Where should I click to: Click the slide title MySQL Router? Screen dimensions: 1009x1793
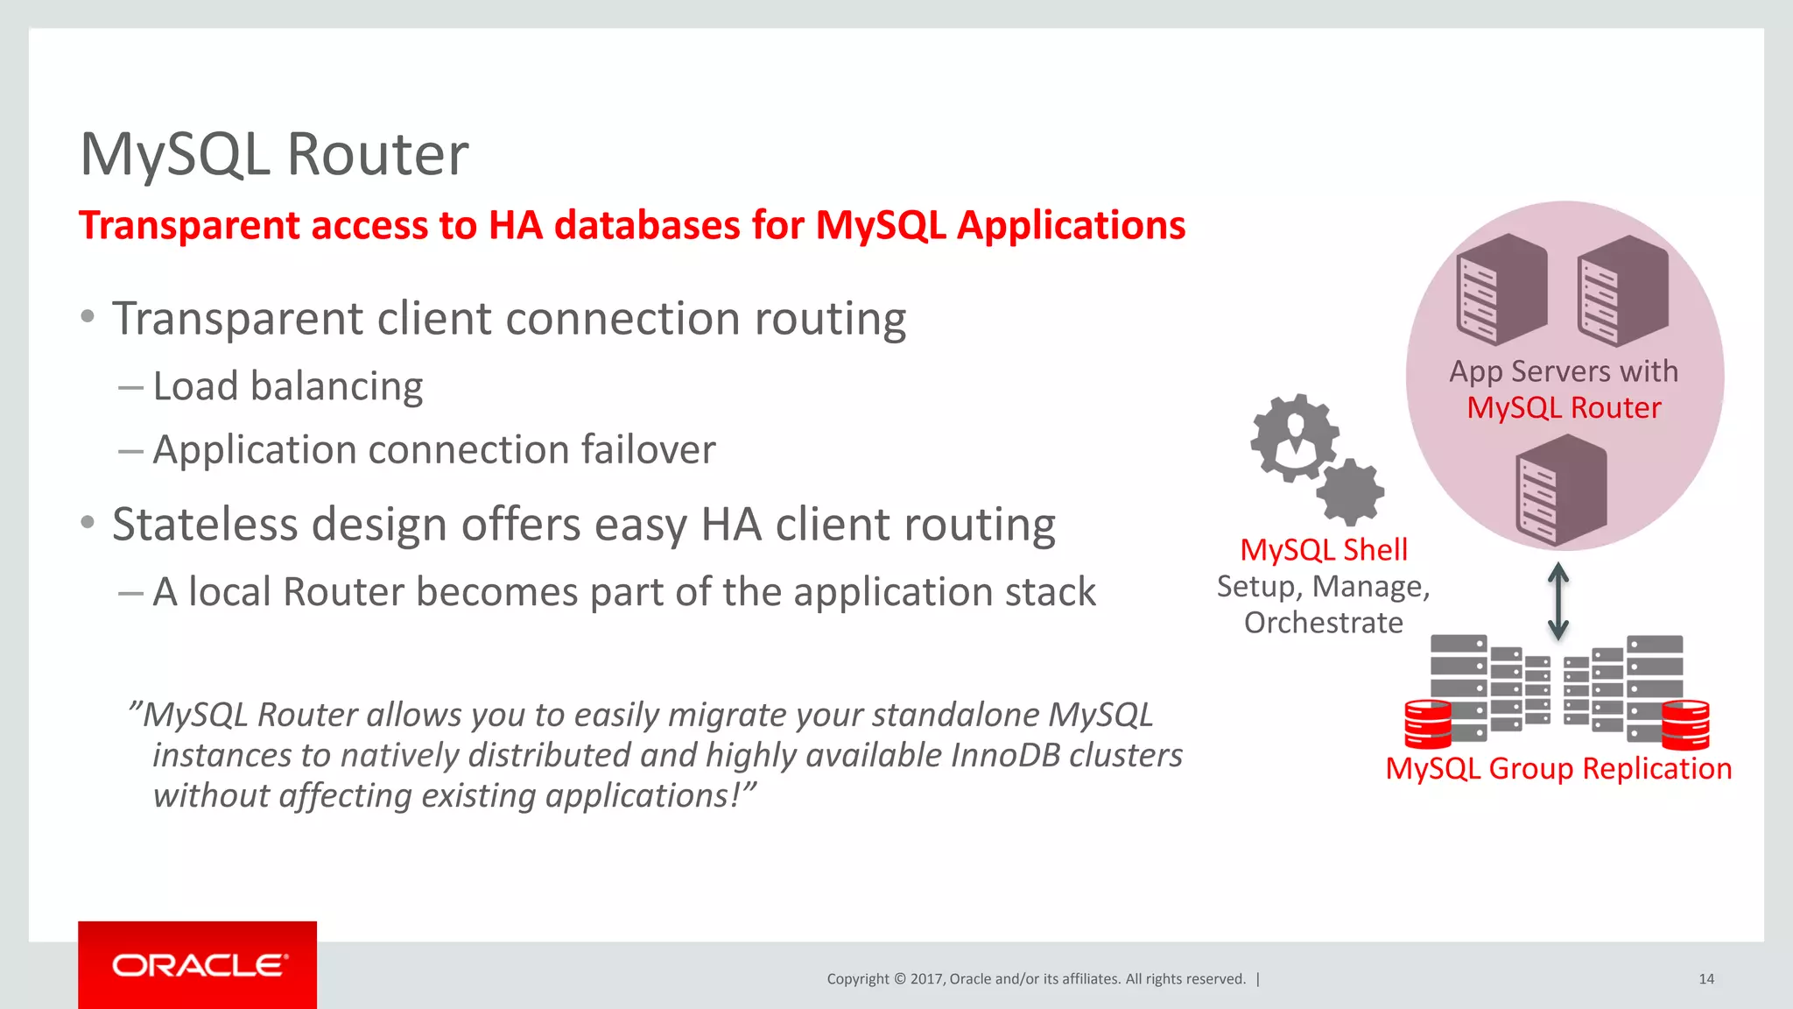pyautogui.click(x=274, y=155)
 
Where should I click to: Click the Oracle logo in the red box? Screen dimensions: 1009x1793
pyautogui.click(x=198, y=965)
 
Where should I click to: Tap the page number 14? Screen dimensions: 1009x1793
pyautogui.click(x=1705, y=979)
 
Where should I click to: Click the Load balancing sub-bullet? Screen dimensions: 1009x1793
pyautogui.click(x=287, y=386)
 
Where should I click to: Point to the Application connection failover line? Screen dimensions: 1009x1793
pyautogui.click(x=433, y=450)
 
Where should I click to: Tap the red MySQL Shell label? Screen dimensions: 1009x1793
pyautogui.click(x=1324, y=550)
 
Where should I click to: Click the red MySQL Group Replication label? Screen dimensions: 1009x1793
pyautogui.click(x=1558, y=768)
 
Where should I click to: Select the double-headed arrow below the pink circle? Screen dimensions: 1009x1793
pyautogui.click(x=1557, y=601)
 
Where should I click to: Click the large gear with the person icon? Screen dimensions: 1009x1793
pyautogui.click(x=1294, y=437)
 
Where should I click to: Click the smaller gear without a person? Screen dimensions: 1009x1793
pyautogui.click(x=1350, y=492)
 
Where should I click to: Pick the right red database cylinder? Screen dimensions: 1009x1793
pyautogui.click(x=1685, y=724)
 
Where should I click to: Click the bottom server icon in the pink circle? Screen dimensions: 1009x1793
pyautogui.click(x=1561, y=490)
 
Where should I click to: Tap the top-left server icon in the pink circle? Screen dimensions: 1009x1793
pyautogui.click(x=1501, y=289)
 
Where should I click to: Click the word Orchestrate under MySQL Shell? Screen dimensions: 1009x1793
pyautogui.click(x=1323, y=623)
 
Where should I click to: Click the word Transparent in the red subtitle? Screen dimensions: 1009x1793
pyautogui.click(x=189, y=225)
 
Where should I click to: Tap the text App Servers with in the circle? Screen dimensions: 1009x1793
pyautogui.click(x=1564, y=371)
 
